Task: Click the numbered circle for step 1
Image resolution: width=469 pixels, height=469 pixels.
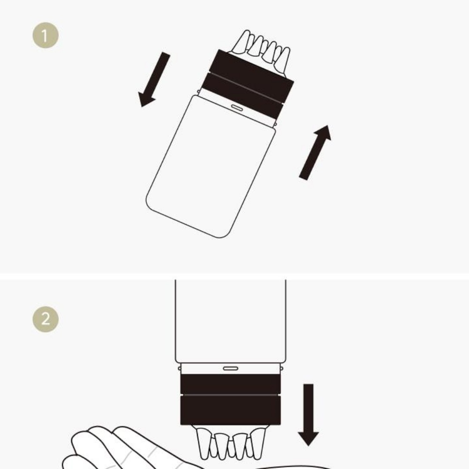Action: click(x=45, y=35)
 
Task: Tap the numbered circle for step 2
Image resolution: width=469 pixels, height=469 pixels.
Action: click(x=45, y=319)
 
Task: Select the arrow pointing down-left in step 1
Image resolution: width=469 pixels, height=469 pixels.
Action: click(x=154, y=80)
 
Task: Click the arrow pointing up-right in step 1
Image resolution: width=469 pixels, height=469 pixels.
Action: click(x=315, y=152)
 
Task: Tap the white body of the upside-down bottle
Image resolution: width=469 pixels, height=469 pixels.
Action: click(x=231, y=322)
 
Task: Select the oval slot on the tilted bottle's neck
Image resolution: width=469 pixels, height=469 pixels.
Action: click(x=237, y=107)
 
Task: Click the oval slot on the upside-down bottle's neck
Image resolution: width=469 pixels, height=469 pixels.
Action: click(x=231, y=369)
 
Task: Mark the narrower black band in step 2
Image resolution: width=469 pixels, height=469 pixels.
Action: click(x=231, y=384)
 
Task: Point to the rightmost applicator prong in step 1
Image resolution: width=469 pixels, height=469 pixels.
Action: click(x=283, y=61)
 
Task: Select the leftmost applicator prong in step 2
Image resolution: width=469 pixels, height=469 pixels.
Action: click(x=203, y=443)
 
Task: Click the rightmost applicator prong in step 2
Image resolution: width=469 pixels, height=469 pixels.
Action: click(x=258, y=443)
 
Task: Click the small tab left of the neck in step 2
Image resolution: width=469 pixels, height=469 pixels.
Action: click(x=180, y=368)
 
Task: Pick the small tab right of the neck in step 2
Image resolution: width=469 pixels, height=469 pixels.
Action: click(x=282, y=368)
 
